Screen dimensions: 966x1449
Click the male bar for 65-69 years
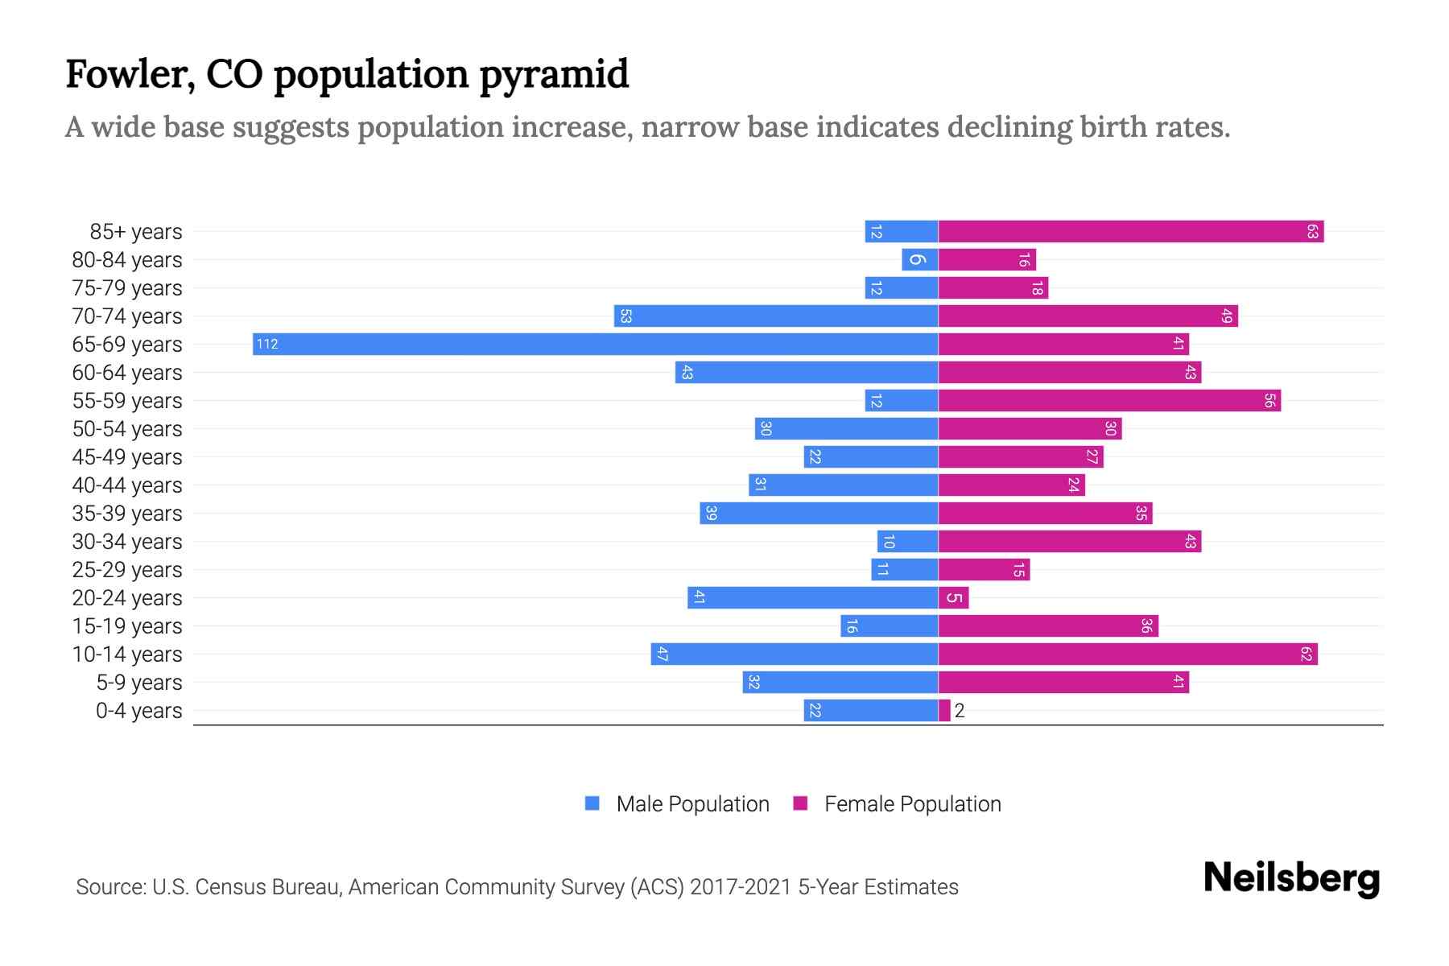point(596,345)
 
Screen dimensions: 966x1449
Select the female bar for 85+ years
point(1130,232)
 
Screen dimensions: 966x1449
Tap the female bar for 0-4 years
point(944,711)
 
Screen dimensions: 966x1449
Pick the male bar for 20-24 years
point(813,598)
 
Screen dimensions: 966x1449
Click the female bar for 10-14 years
point(1127,654)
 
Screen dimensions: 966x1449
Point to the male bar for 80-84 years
point(920,260)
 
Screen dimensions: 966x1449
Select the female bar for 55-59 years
point(1109,401)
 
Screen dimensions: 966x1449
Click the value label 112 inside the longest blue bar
point(267,345)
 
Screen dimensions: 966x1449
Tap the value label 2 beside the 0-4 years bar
point(960,711)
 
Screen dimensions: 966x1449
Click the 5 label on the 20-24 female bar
point(954,598)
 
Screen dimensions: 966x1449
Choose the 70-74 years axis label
point(127,316)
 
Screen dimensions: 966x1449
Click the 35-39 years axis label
point(127,514)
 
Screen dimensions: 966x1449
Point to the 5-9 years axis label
point(139,683)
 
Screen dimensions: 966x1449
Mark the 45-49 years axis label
point(127,457)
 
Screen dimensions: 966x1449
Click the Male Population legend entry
point(692,804)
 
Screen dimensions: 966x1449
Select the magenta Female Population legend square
point(800,803)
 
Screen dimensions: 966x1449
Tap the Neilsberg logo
point(1291,878)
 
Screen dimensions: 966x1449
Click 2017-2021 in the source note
point(741,887)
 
